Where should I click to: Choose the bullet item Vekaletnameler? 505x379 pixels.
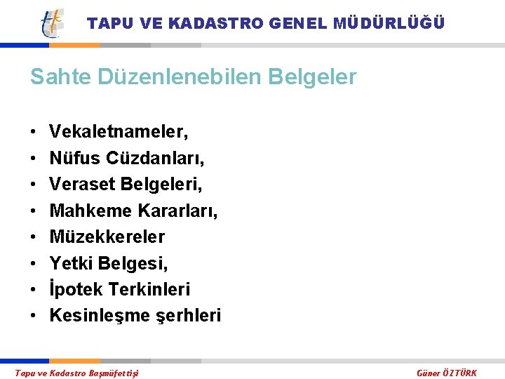click(119, 131)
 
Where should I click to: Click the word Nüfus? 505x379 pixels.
click(75, 158)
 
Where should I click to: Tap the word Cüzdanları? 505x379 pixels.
click(156, 158)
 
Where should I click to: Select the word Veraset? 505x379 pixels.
click(82, 184)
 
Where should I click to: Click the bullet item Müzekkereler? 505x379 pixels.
click(107, 237)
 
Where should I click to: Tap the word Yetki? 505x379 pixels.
click(71, 263)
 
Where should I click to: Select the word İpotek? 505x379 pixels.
click(76, 289)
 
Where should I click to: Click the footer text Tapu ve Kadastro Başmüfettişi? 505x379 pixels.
click(76, 373)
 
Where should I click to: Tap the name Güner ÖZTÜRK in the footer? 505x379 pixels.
click(447, 373)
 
